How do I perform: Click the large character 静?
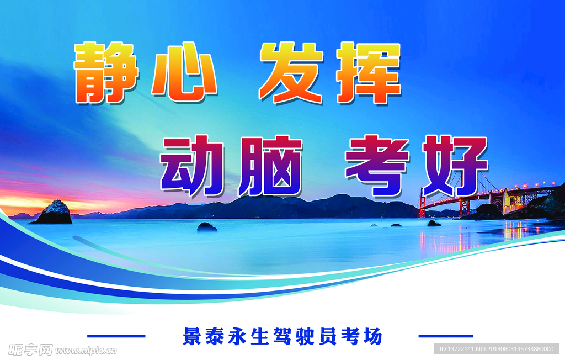(106, 72)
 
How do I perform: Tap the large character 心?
(184, 72)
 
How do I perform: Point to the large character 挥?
(369, 73)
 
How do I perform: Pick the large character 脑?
(270, 166)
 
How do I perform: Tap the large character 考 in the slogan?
(377, 166)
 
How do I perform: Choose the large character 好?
(455, 166)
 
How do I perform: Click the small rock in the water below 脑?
(207, 227)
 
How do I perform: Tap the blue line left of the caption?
(116, 336)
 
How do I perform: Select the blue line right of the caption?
(446, 336)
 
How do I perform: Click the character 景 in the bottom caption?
(191, 336)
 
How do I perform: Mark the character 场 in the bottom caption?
(373, 336)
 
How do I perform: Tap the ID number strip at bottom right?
(497, 349)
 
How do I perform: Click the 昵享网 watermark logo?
(31, 350)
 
